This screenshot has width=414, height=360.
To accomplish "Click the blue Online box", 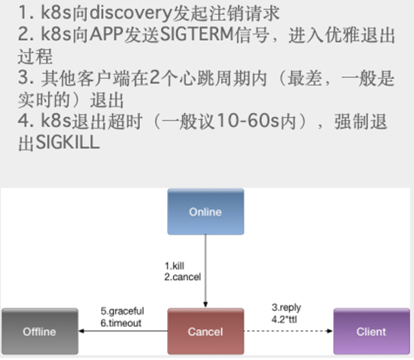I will (205, 211).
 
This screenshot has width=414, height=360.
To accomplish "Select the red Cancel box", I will (205, 331).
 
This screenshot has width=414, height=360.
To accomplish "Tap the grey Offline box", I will (40, 331).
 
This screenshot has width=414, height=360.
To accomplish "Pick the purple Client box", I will (372, 331).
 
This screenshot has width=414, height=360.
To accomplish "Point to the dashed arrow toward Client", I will (289, 331).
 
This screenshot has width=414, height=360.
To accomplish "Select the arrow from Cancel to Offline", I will (123, 331).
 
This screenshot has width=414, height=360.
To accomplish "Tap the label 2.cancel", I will (183, 277).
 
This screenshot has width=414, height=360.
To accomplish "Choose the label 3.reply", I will (286, 307).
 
